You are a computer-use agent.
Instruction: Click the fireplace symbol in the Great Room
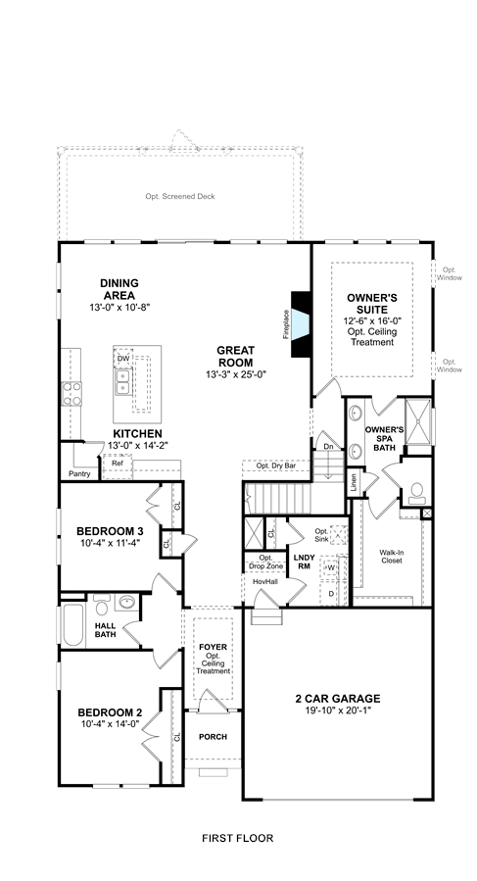(301, 323)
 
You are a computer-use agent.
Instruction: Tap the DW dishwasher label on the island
(123, 358)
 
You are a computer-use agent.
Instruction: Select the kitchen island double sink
(122, 382)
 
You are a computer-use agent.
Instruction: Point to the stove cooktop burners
(72, 393)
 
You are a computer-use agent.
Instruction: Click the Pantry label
(79, 473)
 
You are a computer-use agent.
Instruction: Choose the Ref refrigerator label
(118, 463)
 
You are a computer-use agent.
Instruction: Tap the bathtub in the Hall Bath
(73, 624)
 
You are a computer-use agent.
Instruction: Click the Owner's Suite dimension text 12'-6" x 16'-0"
(372, 320)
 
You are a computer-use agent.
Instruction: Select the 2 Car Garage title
(338, 699)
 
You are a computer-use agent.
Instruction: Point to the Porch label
(213, 737)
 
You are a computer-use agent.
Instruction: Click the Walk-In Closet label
(391, 557)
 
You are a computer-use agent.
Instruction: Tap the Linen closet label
(354, 484)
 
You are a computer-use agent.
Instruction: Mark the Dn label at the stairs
(329, 446)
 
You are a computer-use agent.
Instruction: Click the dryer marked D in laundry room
(331, 593)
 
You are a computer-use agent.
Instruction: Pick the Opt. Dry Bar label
(275, 465)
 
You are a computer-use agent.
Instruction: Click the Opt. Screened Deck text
(180, 196)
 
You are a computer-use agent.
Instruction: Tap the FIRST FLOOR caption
(238, 838)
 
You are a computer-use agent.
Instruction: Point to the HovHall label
(265, 581)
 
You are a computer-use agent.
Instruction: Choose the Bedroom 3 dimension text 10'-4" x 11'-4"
(110, 542)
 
